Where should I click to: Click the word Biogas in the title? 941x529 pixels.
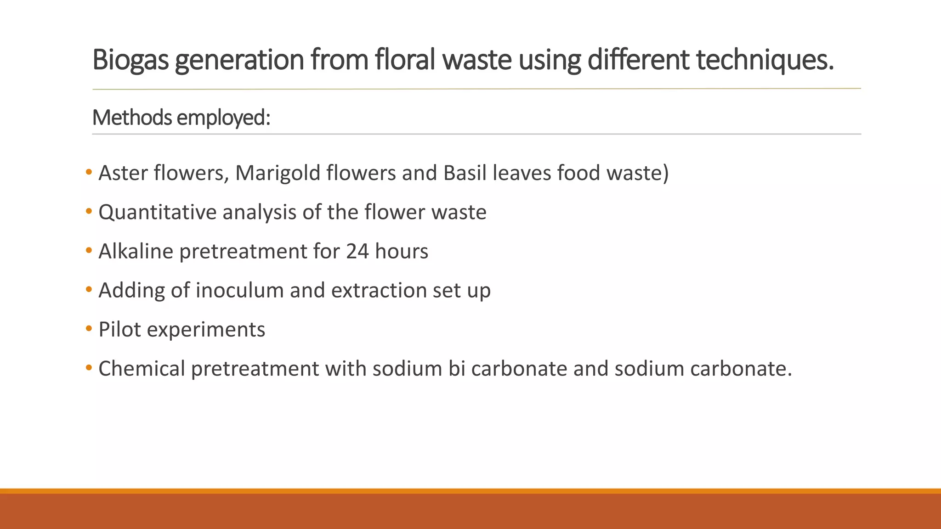(130, 60)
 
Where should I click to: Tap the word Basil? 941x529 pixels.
(465, 173)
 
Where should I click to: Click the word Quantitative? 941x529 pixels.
(157, 212)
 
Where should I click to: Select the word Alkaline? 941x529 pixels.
(136, 251)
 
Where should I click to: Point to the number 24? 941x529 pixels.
(357, 251)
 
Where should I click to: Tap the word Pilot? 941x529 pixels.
(119, 329)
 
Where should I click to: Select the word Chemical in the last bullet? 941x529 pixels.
(142, 368)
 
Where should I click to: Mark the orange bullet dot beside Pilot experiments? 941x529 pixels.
(89, 329)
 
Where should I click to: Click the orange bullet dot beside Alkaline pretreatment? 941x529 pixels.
(89, 251)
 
